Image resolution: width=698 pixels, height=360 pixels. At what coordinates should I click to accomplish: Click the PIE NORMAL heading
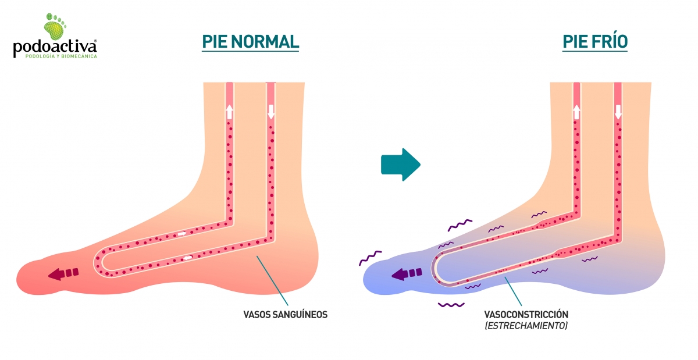pyautogui.click(x=250, y=41)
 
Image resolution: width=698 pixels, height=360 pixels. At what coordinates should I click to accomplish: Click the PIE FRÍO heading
pyautogui.click(x=594, y=41)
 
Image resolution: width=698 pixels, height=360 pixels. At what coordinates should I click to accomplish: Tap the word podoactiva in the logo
pyautogui.click(x=55, y=47)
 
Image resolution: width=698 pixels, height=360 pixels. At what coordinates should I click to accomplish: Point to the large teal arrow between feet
pyautogui.click(x=400, y=165)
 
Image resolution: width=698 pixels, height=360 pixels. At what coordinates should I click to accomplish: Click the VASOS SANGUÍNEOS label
pyautogui.click(x=285, y=315)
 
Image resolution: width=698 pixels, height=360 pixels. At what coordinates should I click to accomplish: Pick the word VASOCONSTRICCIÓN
pyautogui.click(x=526, y=315)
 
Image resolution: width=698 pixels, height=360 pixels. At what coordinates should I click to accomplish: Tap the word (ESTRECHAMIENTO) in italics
pyautogui.click(x=526, y=326)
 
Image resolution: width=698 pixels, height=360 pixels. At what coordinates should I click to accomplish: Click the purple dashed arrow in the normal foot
pyautogui.click(x=63, y=273)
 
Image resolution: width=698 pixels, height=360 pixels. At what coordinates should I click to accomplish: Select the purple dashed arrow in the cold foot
pyautogui.click(x=406, y=273)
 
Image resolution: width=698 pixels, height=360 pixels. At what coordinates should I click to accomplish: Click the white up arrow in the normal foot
pyautogui.click(x=229, y=112)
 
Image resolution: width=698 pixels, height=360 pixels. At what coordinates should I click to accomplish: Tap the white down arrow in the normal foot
pyautogui.click(x=270, y=112)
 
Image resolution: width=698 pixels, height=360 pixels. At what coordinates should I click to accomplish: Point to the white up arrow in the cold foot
pyautogui.click(x=576, y=112)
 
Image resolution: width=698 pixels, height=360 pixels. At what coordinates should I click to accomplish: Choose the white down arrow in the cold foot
pyautogui.click(x=618, y=112)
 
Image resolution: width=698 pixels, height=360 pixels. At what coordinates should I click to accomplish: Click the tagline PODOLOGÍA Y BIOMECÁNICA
pyautogui.click(x=60, y=56)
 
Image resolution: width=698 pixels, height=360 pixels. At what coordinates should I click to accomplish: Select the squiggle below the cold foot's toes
pyautogui.click(x=451, y=304)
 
